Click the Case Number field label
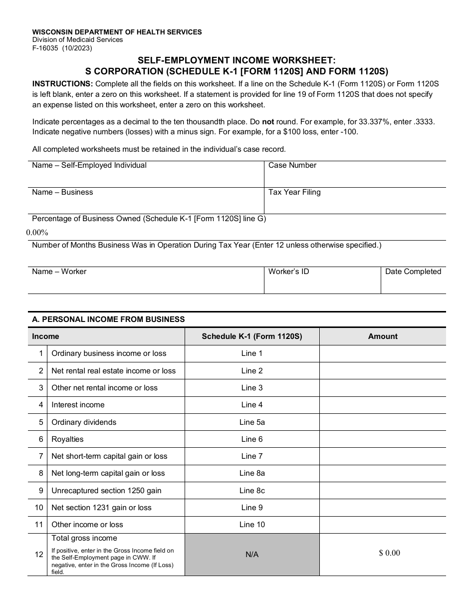tap(292, 165)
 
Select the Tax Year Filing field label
tap(294, 192)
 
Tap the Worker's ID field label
tap(288, 272)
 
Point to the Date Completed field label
tap(413, 272)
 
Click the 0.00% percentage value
tap(37, 233)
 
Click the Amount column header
tap(383, 336)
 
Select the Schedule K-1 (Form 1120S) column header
tap(252, 336)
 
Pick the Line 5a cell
tap(252, 422)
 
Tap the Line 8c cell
tap(252, 491)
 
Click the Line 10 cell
tap(252, 525)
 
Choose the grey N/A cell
tap(252, 555)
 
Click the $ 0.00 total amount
tap(389, 553)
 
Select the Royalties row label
tap(67, 439)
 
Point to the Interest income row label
tap(78, 405)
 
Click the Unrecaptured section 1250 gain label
tap(106, 491)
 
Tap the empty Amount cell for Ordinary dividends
tap(383, 422)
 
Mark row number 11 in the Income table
tap(39, 525)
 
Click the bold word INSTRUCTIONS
tap(62, 83)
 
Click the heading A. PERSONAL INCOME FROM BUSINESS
tap(108, 319)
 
